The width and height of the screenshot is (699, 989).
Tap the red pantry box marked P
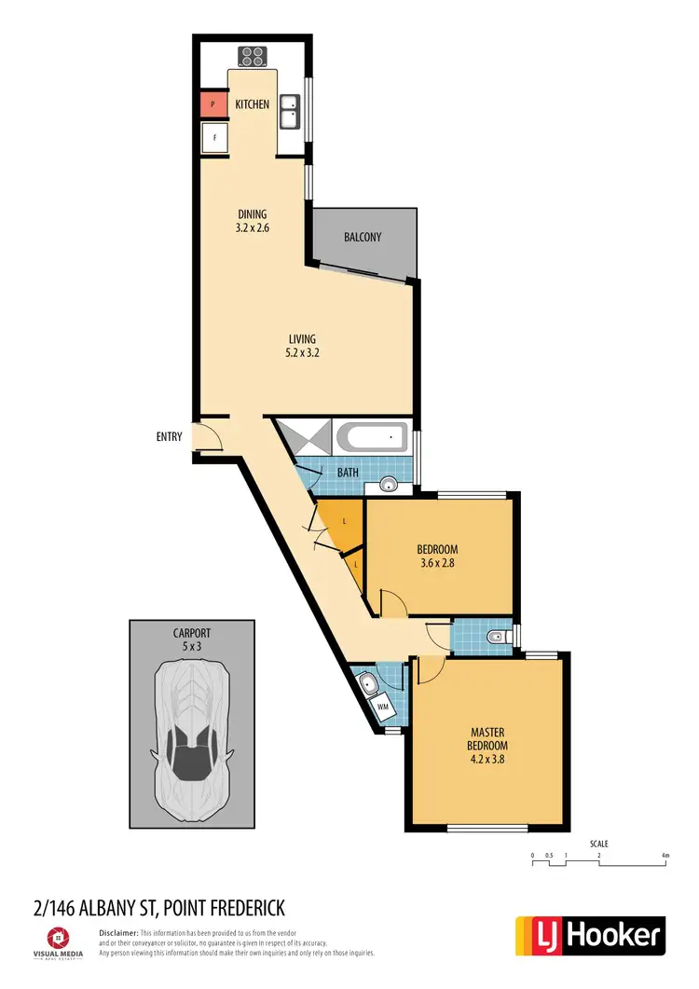[x=212, y=104]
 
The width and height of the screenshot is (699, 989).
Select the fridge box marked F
[x=215, y=138]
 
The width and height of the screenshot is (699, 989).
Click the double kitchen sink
[x=290, y=113]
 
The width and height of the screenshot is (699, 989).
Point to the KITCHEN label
[x=252, y=104]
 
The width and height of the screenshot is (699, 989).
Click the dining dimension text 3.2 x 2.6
[x=252, y=227]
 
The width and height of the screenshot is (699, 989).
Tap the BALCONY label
[x=363, y=237]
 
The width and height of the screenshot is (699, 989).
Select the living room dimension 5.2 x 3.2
[x=302, y=352]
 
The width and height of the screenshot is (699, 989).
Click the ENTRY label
[x=168, y=435]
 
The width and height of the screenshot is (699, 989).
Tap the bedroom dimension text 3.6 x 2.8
[x=438, y=563]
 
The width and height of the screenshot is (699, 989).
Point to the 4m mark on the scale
[x=665, y=856]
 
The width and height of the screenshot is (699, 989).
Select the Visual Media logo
[x=65, y=941]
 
